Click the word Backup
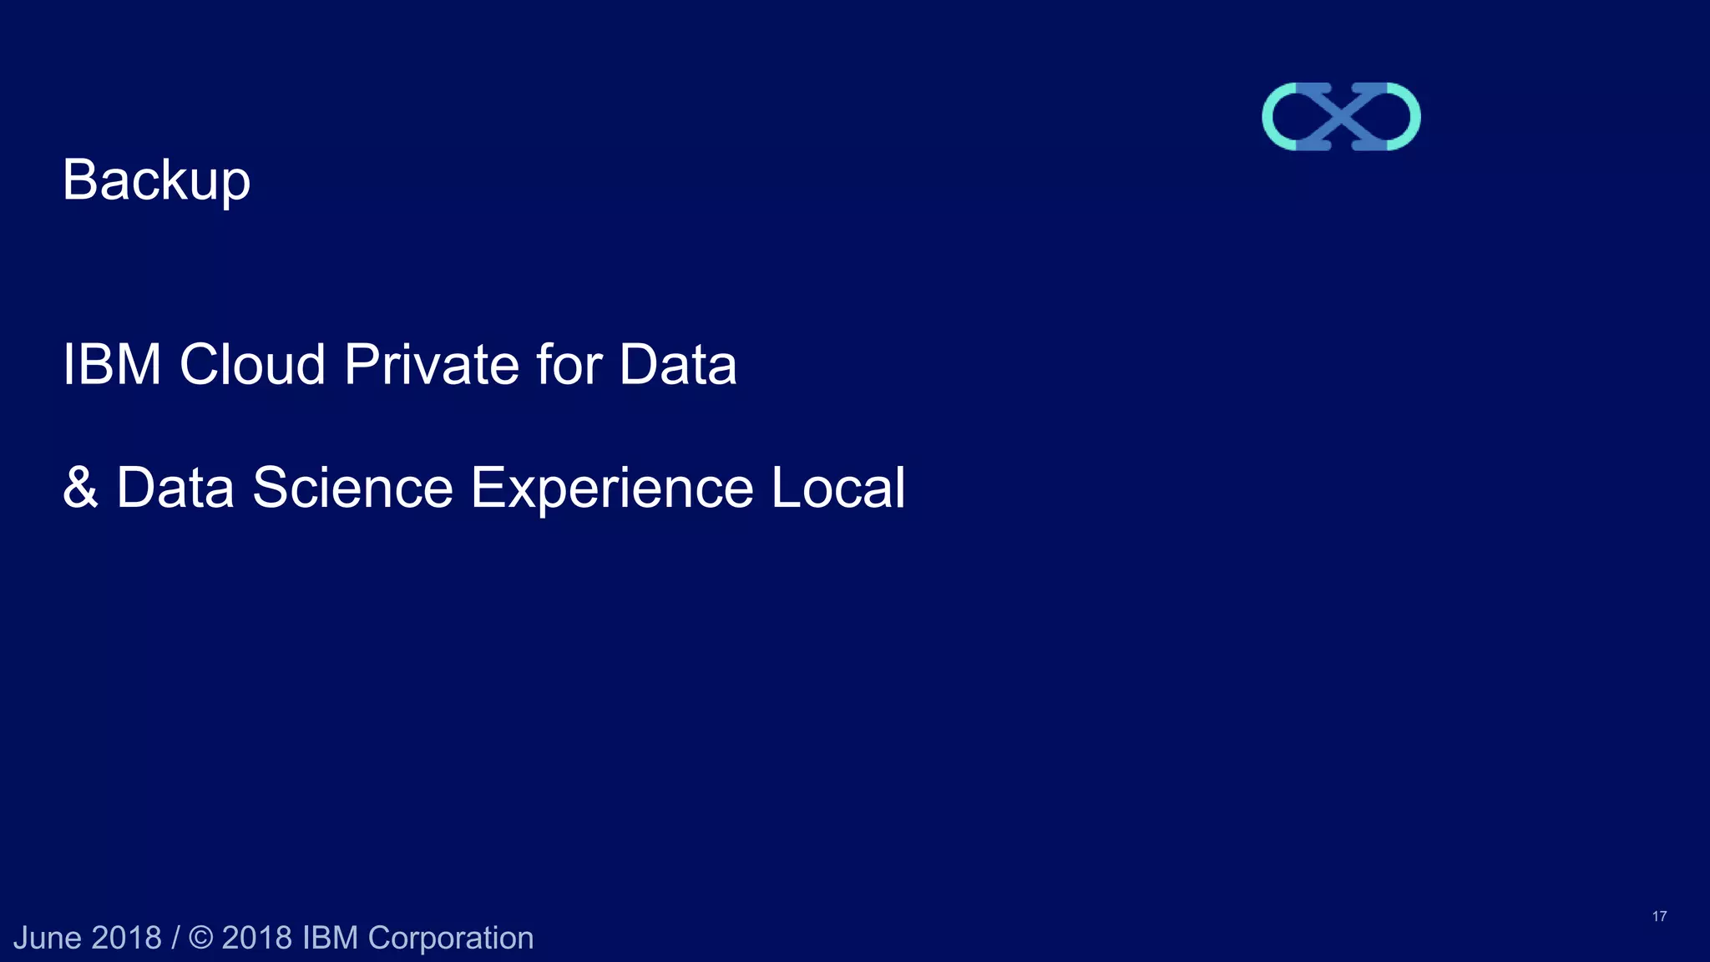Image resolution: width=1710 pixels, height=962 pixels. (156, 180)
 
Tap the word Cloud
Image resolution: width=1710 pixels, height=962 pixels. (252, 365)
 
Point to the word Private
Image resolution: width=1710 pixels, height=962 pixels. (432, 365)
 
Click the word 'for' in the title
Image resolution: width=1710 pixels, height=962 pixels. (569, 365)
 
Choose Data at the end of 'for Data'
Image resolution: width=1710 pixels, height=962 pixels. (677, 365)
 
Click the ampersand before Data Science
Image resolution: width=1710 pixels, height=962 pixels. (80, 488)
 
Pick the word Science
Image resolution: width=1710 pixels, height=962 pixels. (352, 488)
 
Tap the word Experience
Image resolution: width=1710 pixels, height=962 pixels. (612, 488)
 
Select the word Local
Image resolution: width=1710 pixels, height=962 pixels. (837, 488)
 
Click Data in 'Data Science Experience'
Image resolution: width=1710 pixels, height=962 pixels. (175, 488)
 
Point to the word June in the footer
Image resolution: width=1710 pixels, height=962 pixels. (47, 938)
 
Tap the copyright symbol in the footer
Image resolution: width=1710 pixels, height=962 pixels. (201, 938)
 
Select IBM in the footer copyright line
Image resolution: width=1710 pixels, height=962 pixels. (330, 938)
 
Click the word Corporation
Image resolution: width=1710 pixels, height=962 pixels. (450, 938)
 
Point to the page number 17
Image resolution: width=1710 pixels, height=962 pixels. (1659, 916)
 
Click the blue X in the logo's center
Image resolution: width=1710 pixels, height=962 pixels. (1341, 117)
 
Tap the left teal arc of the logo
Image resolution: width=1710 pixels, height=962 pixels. (1274, 117)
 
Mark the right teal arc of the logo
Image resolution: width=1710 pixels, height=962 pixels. (1409, 117)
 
